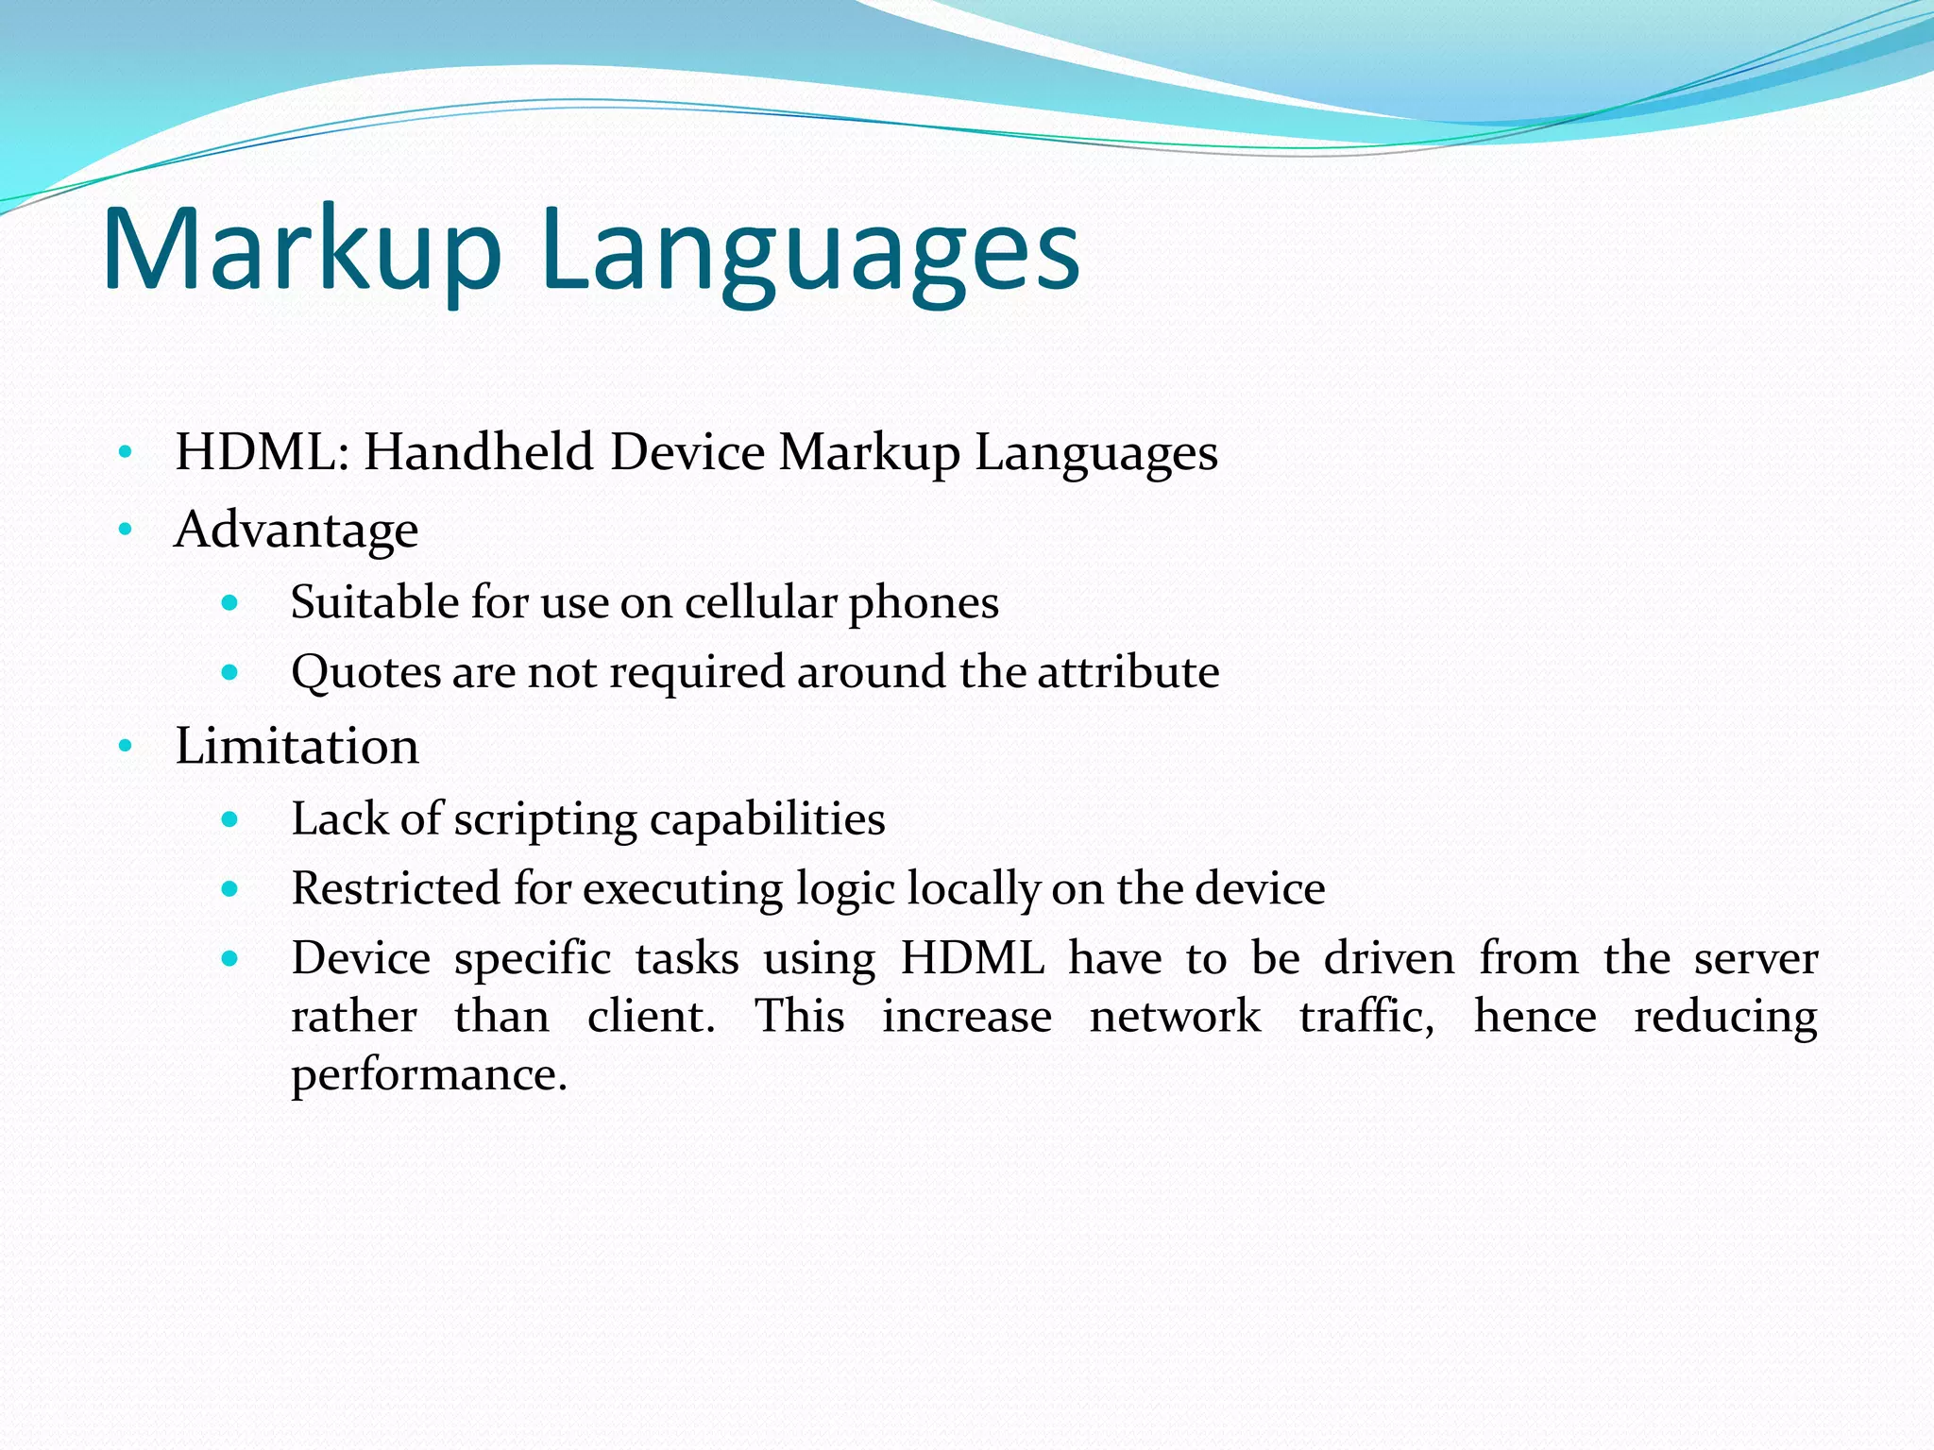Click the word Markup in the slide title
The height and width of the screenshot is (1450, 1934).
(301, 250)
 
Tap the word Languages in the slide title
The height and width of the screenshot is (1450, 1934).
(810, 253)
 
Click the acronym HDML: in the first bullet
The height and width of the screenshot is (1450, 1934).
(263, 452)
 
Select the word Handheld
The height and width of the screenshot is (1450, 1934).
(479, 452)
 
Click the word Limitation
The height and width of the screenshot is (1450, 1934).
(297, 747)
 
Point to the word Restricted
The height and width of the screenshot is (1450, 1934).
(396, 888)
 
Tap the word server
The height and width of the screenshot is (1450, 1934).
(1756, 959)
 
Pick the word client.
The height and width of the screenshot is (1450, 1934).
(651, 1017)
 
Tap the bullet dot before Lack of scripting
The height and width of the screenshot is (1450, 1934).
(229, 818)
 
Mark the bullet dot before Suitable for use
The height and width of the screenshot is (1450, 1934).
(229, 602)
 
